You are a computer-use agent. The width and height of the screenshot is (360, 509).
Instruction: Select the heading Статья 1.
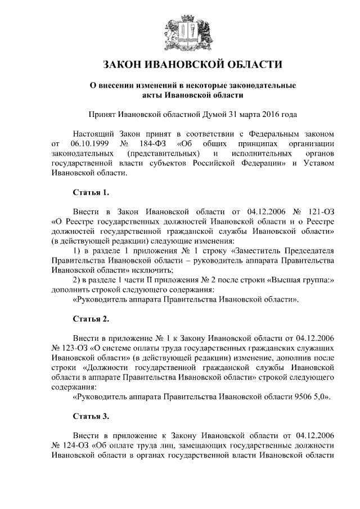[91, 192]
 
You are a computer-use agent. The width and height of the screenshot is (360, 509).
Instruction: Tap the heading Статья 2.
[91, 319]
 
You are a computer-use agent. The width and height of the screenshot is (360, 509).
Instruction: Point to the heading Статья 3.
[91, 417]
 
